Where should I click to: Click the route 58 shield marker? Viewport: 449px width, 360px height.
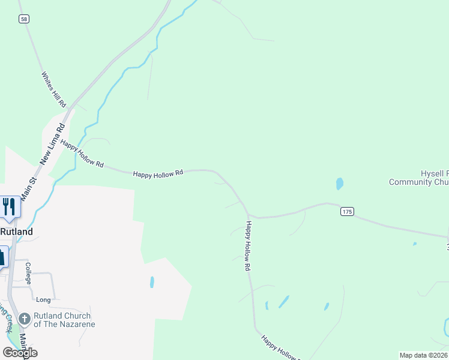click(23, 19)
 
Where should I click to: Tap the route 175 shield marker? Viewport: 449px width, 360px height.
click(346, 211)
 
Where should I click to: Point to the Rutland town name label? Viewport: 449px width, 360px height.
click(16, 232)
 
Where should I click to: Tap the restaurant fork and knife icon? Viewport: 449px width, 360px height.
click(9, 206)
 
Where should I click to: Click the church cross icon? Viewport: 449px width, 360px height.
click(25, 319)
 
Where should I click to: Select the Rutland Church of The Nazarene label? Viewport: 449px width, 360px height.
click(62, 320)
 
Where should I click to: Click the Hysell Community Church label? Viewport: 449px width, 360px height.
click(418, 178)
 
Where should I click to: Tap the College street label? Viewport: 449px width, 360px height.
click(28, 272)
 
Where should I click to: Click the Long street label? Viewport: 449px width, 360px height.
click(43, 299)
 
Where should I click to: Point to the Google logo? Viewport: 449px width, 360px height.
click(20, 353)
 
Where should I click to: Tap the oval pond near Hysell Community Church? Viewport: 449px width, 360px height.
click(340, 184)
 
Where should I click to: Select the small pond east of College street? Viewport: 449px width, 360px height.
click(152, 282)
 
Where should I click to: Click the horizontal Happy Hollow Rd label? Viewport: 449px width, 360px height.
click(158, 174)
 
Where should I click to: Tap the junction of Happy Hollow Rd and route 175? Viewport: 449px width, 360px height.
click(249, 215)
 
